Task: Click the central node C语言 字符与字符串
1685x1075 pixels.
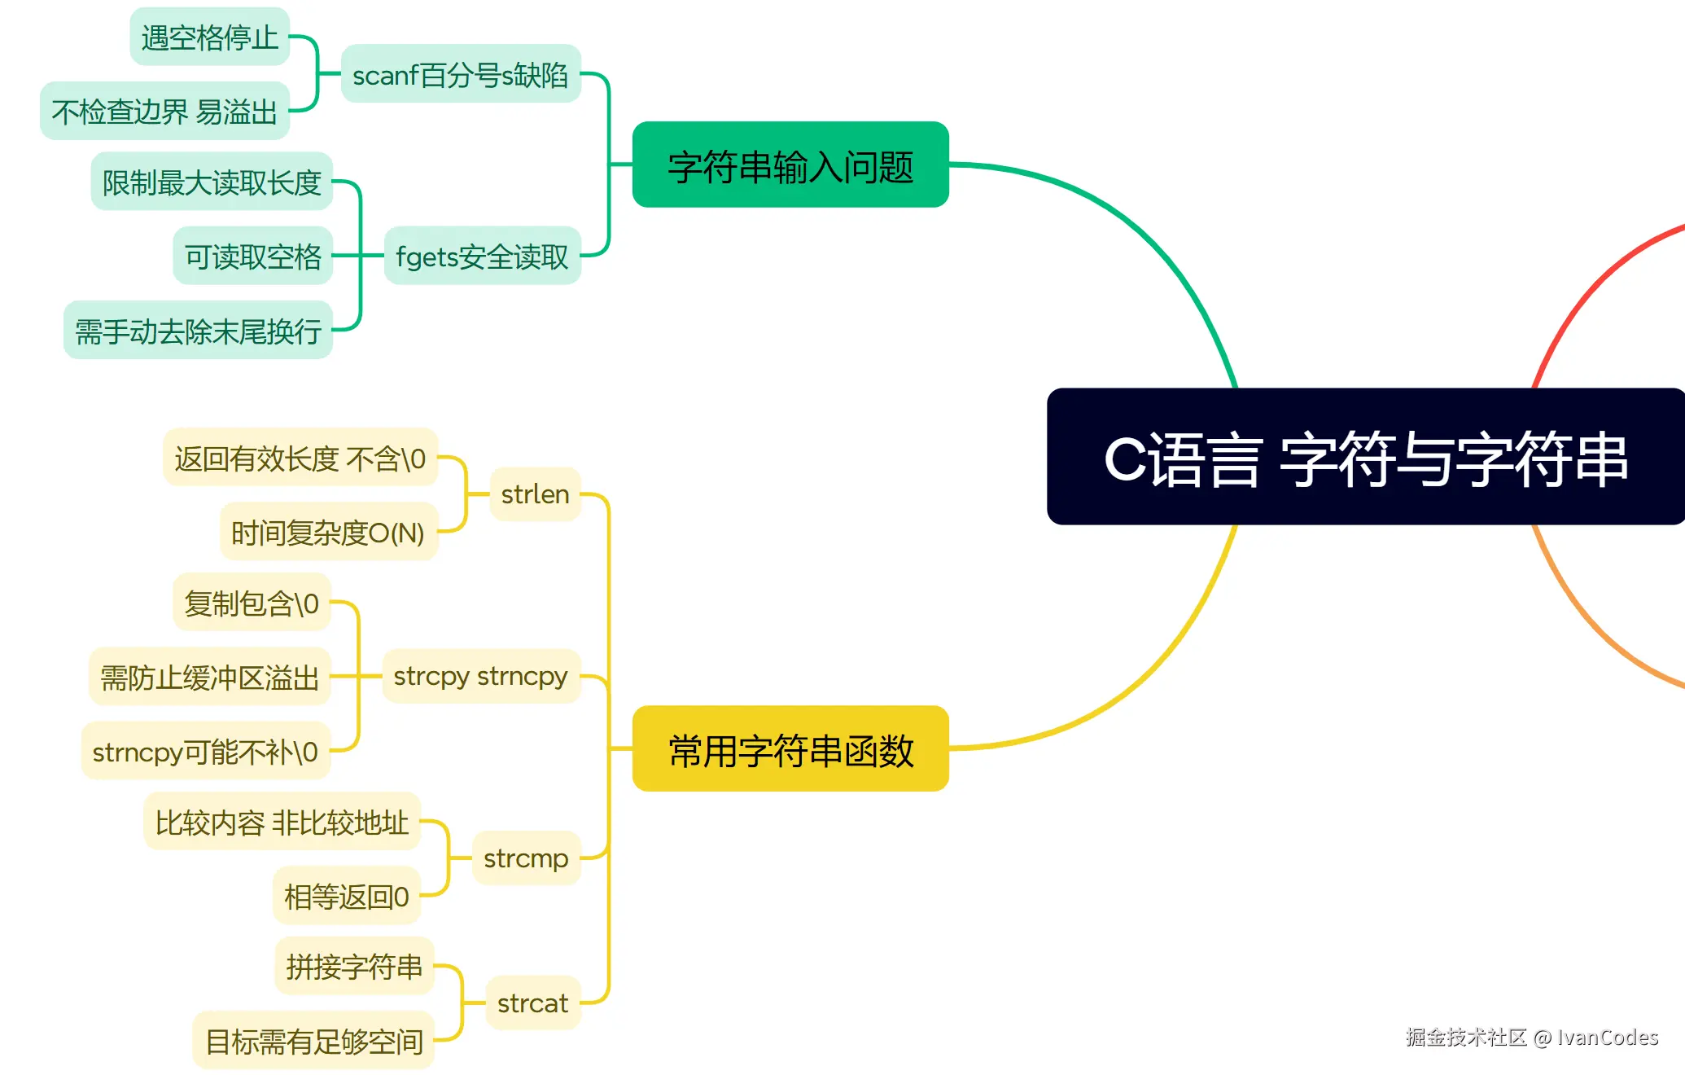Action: pyautogui.click(x=1365, y=458)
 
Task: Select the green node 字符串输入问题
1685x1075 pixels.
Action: pyautogui.click(x=790, y=165)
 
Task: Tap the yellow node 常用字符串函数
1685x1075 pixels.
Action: pyautogui.click(x=790, y=749)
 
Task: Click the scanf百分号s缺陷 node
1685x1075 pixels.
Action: pyautogui.click(x=461, y=75)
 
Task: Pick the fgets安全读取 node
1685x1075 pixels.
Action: pyautogui.click(x=482, y=257)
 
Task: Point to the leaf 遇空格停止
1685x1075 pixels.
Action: pyautogui.click(x=210, y=37)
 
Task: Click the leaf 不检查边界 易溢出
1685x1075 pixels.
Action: pyautogui.click(x=165, y=112)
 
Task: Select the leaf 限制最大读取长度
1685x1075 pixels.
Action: pyautogui.click(x=212, y=182)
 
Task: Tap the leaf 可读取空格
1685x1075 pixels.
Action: pyautogui.click(x=253, y=257)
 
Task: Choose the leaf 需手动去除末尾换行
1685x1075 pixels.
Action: pyautogui.click(x=199, y=331)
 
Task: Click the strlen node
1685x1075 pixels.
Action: pyautogui.click(x=535, y=494)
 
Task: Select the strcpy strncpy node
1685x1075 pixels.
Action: pyautogui.click(x=480, y=676)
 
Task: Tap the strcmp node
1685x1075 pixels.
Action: pyautogui.click(x=526, y=858)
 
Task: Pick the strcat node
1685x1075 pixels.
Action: pyautogui.click(x=532, y=1003)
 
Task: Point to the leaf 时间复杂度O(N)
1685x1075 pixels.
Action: pyautogui.click(x=328, y=533)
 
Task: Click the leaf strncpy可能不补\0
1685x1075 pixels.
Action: pyautogui.click(x=205, y=752)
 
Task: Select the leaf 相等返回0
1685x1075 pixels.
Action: pyautogui.click(x=347, y=897)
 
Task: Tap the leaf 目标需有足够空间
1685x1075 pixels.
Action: pyautogui.click(x=314, y=1041)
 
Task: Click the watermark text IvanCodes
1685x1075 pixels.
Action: pyautogui.click(x=1607, y=1037)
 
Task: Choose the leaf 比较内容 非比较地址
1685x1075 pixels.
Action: pyautogui.click(x=282, y=823)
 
